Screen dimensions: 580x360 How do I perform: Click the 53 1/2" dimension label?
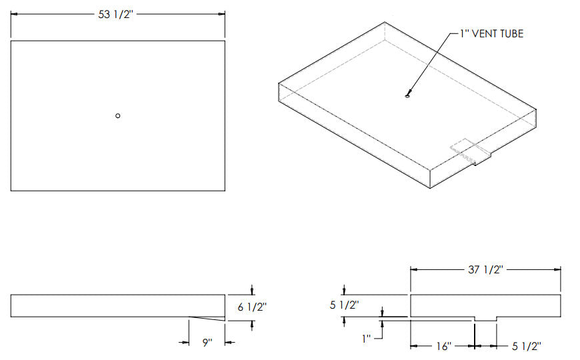pos(115,15)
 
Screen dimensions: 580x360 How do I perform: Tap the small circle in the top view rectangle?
pos(117,116)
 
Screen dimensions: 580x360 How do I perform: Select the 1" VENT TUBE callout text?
pos(491,34)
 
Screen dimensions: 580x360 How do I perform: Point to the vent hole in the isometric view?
pos(407,96)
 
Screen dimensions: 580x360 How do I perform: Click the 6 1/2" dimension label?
pos(252,307)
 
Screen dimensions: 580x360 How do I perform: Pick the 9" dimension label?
pos(207,343)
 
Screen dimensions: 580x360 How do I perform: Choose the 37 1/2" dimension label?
pos(485,270)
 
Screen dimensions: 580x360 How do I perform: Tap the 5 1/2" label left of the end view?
pos(345,305)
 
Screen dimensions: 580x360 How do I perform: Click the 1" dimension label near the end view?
pos(366,338)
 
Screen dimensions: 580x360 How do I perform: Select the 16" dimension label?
pos(443,346)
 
